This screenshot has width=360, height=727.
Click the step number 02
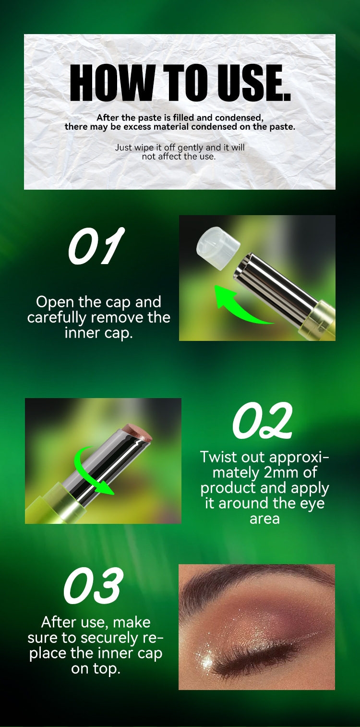[263, 421]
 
